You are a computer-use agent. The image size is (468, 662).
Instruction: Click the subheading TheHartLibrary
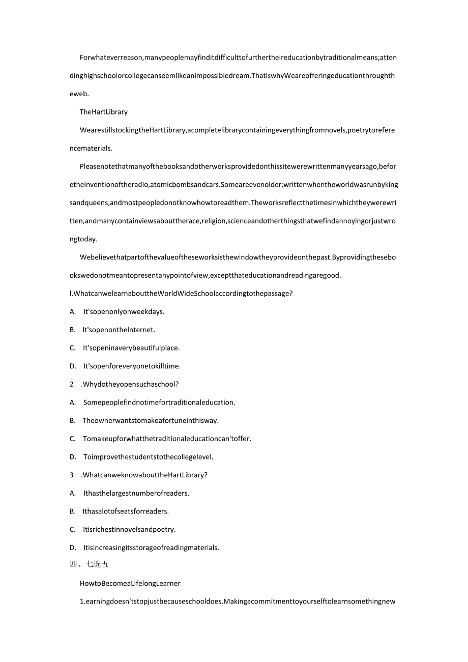(104, 112)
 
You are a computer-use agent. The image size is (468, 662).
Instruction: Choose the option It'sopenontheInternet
(119, 330)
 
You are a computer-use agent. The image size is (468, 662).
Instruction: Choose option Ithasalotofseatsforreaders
(126, 511)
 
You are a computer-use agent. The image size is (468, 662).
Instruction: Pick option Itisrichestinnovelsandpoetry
(129, 529)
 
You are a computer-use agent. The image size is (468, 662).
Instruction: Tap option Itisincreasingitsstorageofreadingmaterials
(151, 548)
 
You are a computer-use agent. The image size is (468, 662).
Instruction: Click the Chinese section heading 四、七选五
(89, 564)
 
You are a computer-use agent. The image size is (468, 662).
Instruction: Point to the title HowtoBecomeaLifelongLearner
(130, 583)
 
